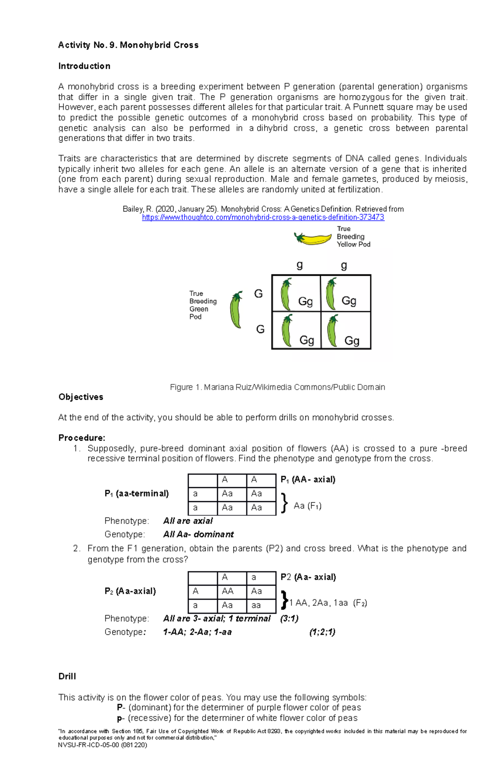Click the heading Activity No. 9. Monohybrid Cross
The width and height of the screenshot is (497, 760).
click(128, 45)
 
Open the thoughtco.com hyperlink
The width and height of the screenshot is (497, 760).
click(263, 217)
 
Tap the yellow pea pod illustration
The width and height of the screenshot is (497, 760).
click(313, 239)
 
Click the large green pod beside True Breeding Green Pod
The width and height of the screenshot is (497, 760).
click(236, 310)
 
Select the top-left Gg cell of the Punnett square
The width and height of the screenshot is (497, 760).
click(296, 294)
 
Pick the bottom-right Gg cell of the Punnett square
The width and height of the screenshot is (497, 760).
click(346, 331)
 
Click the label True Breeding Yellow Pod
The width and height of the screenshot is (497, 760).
click(353, 236)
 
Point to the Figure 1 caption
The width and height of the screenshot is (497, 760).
click(277, 387)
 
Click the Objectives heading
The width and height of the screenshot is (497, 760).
click(81, 397)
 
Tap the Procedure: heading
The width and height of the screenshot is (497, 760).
click(82, 438)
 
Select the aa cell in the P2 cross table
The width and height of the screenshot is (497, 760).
click(261, 606)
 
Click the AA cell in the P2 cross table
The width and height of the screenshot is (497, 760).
click(232, 591)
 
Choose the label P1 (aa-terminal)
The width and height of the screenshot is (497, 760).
click(137, 494)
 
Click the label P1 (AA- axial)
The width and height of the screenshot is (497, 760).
click(308, 480)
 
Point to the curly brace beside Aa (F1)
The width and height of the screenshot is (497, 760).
click(284, 503)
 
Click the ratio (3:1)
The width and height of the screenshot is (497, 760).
click(289, 618)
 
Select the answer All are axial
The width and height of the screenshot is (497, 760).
click(188, 521)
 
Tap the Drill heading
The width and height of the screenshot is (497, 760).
click(67, 676)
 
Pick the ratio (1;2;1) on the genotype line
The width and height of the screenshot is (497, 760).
click(322, 632)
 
